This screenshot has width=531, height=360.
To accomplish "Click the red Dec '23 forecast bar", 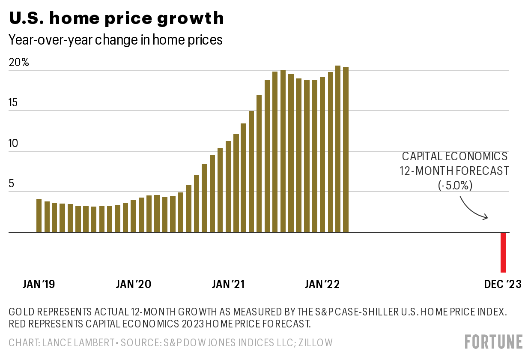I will [x=504, y=252].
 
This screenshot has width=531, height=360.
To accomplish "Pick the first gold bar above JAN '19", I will [x=39, y=216].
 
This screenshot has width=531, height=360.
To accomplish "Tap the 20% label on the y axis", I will [x=19, y=63].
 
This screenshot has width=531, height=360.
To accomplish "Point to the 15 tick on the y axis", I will [x=14, y=103].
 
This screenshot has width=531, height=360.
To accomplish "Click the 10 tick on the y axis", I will [x=14, y=143].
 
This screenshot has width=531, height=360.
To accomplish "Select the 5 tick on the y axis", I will [x=12, y=184].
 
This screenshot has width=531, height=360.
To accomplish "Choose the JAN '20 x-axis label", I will [x=134, y=284].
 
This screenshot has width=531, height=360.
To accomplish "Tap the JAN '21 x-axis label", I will [x=228, y=284].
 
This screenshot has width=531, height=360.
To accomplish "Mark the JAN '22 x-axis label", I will [x=322, y=284].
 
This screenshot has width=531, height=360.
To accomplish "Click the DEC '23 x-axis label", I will [x=503, y=284].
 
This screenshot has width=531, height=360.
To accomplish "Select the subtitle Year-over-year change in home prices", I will [x=116, y=40].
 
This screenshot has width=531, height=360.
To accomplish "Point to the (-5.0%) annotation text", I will [x=455, y=185].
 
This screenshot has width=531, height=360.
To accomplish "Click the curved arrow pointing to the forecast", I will [x=473, y=208].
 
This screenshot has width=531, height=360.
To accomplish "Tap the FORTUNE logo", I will [x=494, y=342].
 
